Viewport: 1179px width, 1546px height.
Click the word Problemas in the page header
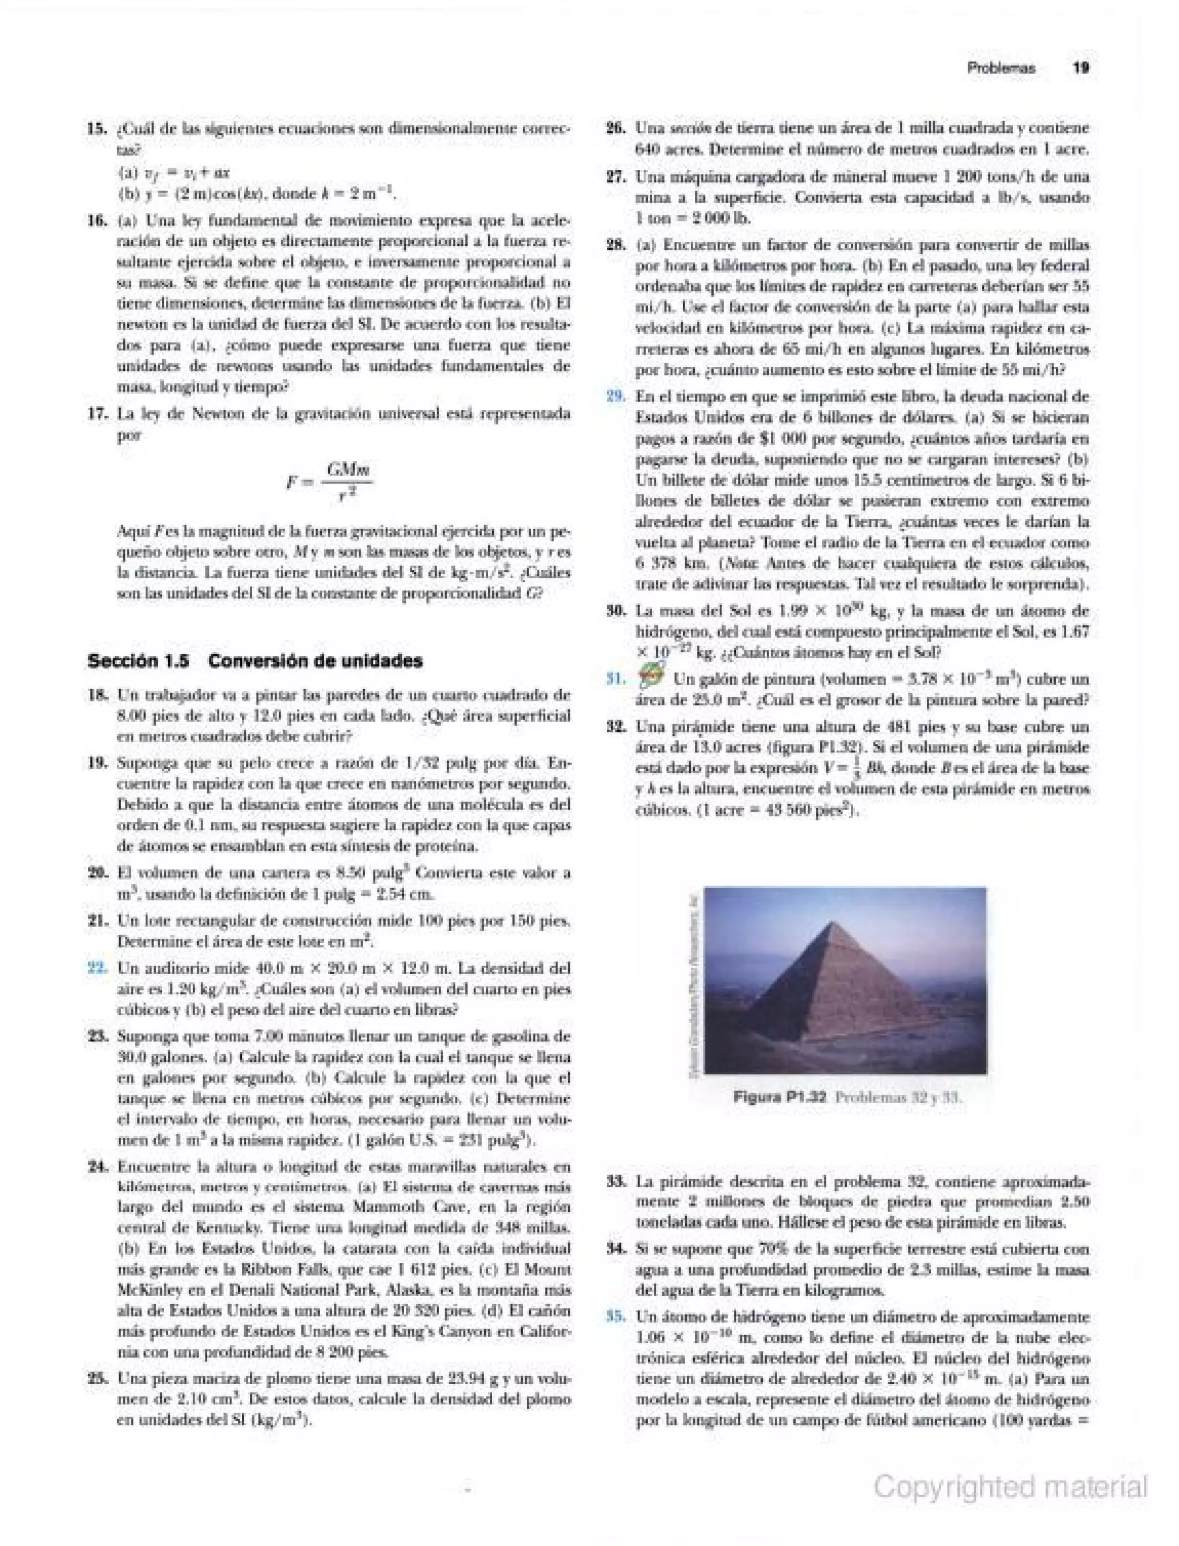(1001, 69)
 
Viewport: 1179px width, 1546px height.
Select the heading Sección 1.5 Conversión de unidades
(256, 661)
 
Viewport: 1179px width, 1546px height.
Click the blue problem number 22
(96, 968)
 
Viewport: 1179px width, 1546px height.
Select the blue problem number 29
(615, 397)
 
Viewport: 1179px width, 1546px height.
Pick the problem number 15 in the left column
(96, 129)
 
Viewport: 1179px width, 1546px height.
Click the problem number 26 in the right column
(615, 128)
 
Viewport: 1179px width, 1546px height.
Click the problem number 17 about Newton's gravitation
(96, 414)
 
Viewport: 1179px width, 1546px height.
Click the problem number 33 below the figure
(615, 1181)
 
